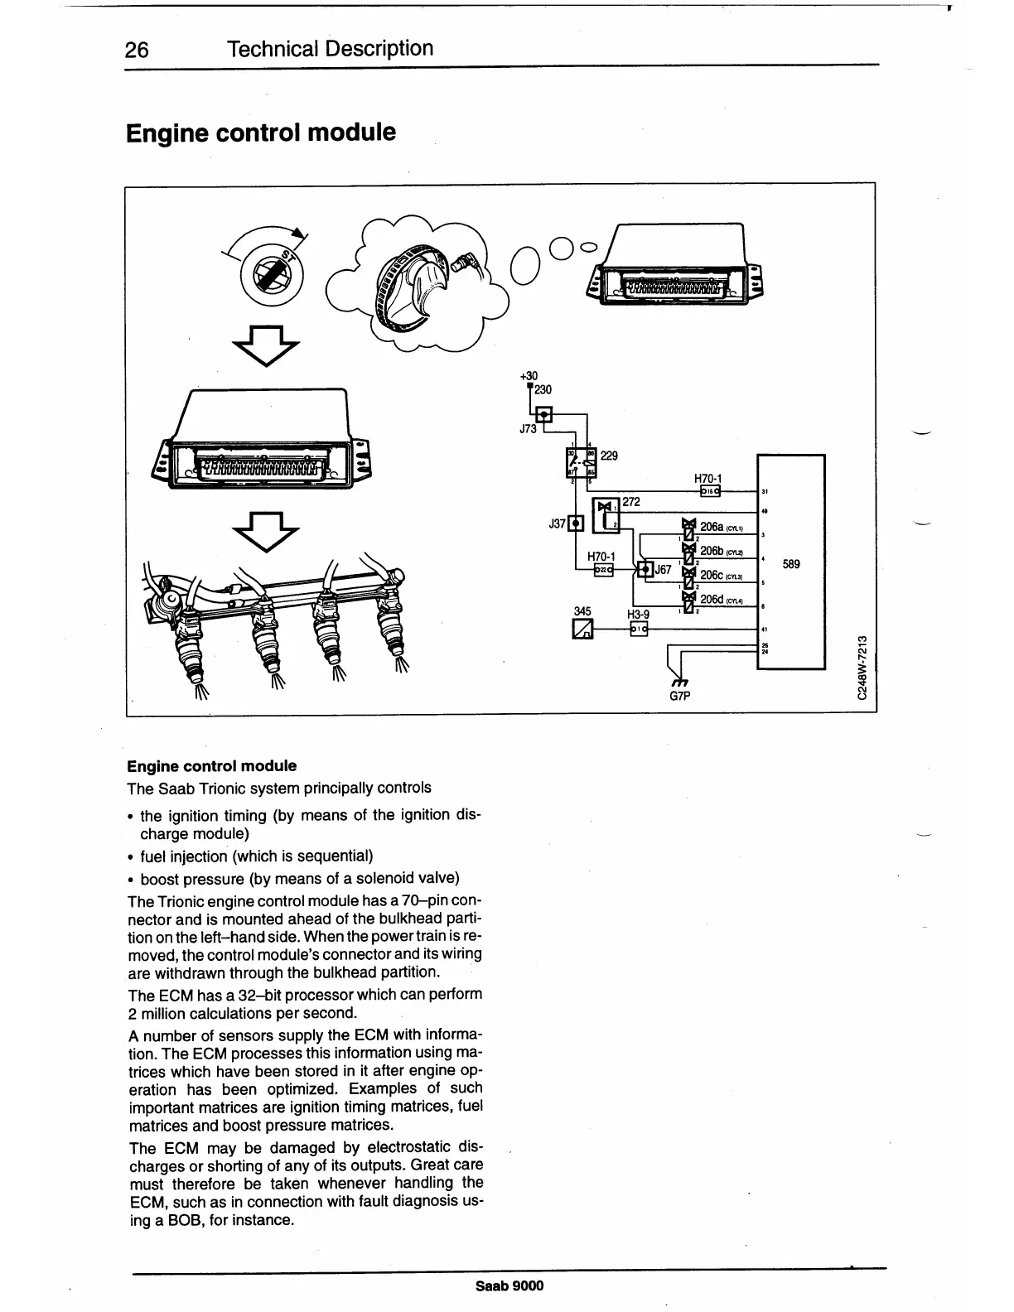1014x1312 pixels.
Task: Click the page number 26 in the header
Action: pyautogui.click(x=136, y=51)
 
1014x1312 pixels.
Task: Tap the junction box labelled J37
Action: pyautogui.click(x=576, y=523)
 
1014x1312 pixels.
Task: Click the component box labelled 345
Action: pyautogui.click(x=583, y=629)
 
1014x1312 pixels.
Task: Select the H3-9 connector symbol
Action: pyautogui.click(x=638, y=629)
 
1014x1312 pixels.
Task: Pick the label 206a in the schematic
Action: pyautogui.click(x=712, y=527)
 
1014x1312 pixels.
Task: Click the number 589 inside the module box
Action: pyautogui.click(x=791, y=564)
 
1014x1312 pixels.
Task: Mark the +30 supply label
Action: pyautogui.click(x=529, y=376)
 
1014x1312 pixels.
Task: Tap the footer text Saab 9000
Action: pyautogui.click(x=509, y=1285)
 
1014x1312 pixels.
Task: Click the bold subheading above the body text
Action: pyautogui.click(x=211, y=766)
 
